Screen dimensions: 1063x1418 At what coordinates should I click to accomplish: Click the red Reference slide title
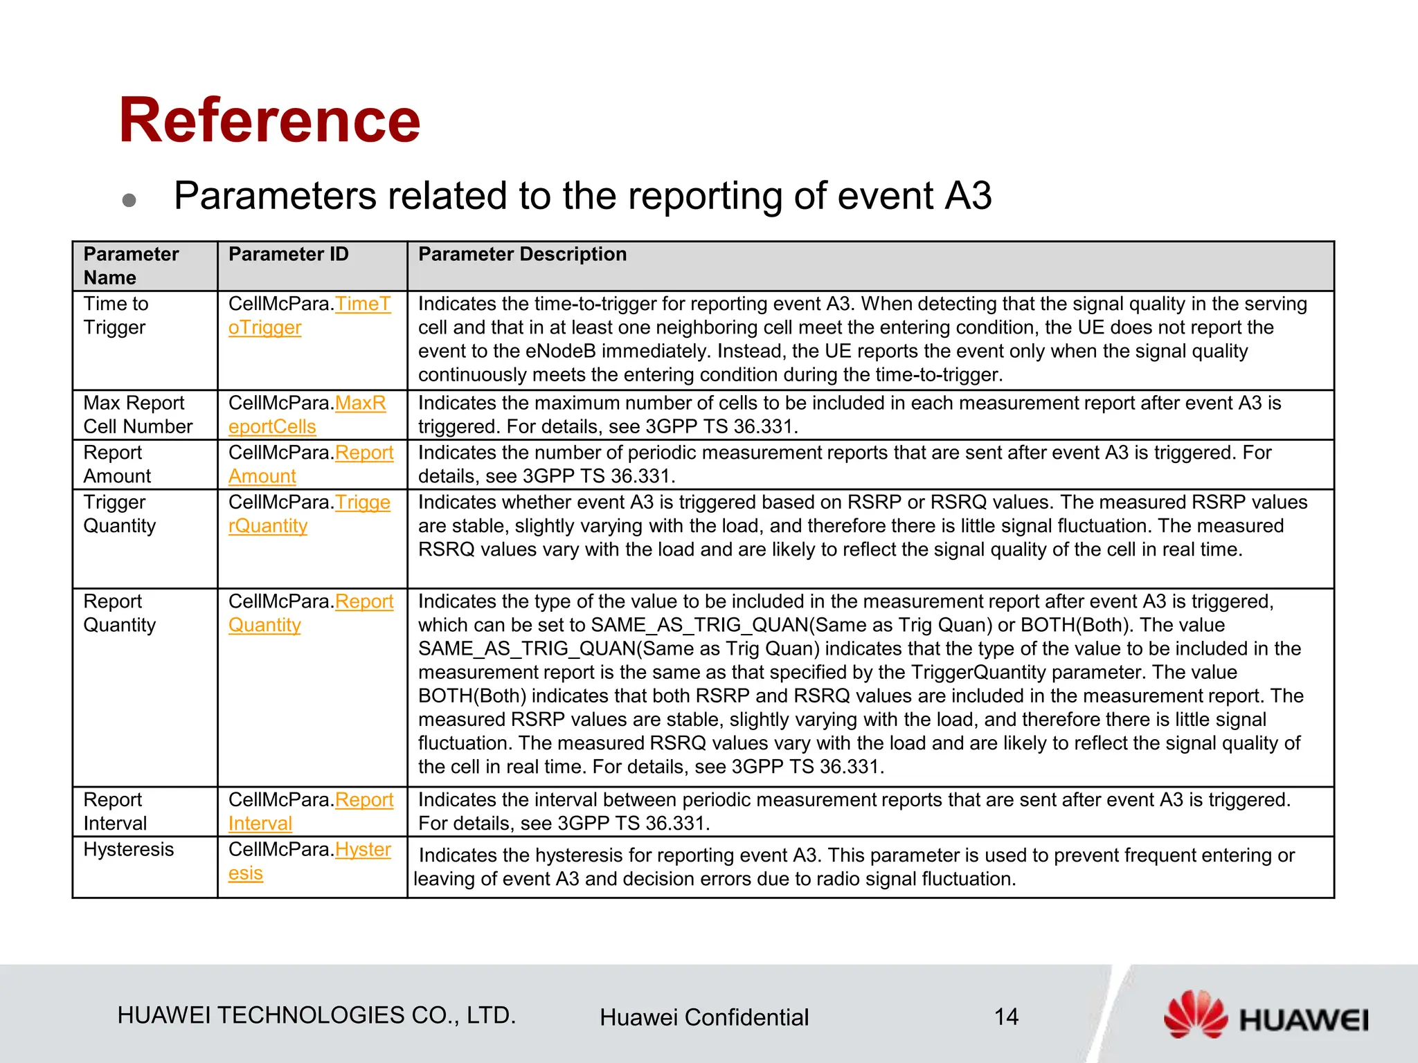tap(269, 121)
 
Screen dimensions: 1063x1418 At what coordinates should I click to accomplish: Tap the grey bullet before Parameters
tap(129, 200)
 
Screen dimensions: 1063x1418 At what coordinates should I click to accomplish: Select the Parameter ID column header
tap(288, 255)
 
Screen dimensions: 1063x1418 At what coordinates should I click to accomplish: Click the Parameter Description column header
tap(522, 255)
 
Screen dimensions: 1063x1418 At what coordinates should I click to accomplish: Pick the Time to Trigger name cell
tap(116, 316)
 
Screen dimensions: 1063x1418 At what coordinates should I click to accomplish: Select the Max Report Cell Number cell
tap(137, 415)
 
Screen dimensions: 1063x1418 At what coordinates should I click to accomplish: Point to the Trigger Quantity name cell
tap(119, 514)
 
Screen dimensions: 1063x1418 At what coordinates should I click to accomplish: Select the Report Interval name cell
tap(115, 811)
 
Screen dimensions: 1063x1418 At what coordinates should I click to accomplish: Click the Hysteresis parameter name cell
tap(128, 850)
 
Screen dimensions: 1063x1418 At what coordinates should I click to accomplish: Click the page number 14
tap(1006, 1017)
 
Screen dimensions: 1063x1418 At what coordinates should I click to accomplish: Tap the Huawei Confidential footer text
tap(703, 1017)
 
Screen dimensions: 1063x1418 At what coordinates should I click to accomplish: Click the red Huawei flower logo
tap(1195, 1015)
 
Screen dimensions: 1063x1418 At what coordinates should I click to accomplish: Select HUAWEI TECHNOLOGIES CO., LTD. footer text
tap(316, 1015)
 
